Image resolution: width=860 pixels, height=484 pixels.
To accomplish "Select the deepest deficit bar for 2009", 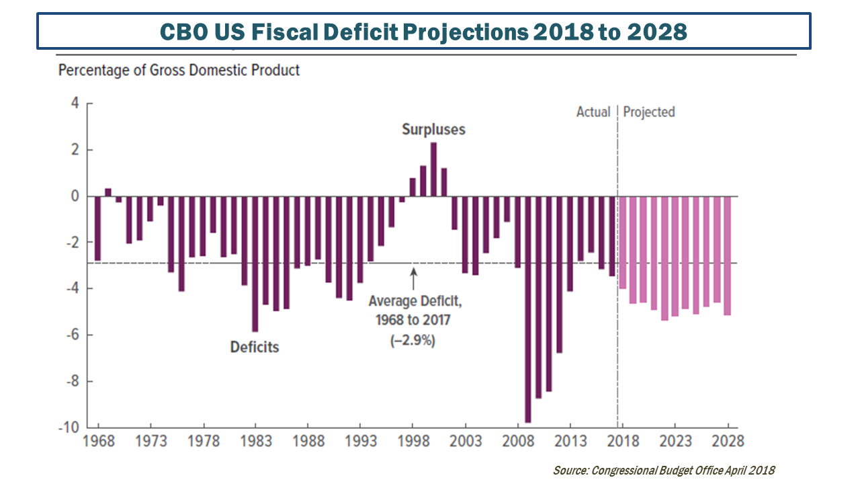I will coord(528,309).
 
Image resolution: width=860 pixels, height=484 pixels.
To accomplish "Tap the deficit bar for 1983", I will coord(255,264).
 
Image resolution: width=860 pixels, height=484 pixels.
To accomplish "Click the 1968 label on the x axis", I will coord(98,441).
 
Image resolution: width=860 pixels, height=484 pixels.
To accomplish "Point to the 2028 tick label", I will coord(728,441).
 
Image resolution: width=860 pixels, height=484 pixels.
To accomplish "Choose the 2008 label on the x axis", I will coord(518,441).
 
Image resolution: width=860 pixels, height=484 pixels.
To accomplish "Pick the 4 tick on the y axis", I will coord(75,104).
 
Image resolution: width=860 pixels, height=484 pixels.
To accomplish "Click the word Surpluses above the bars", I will coord(433,129).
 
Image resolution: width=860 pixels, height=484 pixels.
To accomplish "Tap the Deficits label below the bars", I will coord(255,348).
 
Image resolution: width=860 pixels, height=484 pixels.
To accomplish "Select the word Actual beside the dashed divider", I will coord(593,112).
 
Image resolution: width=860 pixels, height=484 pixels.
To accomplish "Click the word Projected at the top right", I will coord(649,112).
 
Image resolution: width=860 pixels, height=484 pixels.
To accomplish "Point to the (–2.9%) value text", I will coord(413,341).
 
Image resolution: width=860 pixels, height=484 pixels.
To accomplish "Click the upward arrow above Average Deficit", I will coord(413,279).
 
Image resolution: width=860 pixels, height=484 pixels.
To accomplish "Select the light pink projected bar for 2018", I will coord(622,242).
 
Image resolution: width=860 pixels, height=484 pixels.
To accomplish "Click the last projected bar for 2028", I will coord(727,255).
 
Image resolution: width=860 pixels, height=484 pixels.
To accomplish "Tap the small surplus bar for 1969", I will coord(108,192).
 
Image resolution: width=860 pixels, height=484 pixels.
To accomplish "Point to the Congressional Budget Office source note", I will coord(664,471).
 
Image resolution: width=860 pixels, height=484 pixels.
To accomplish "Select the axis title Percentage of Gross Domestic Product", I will coord(179,70).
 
